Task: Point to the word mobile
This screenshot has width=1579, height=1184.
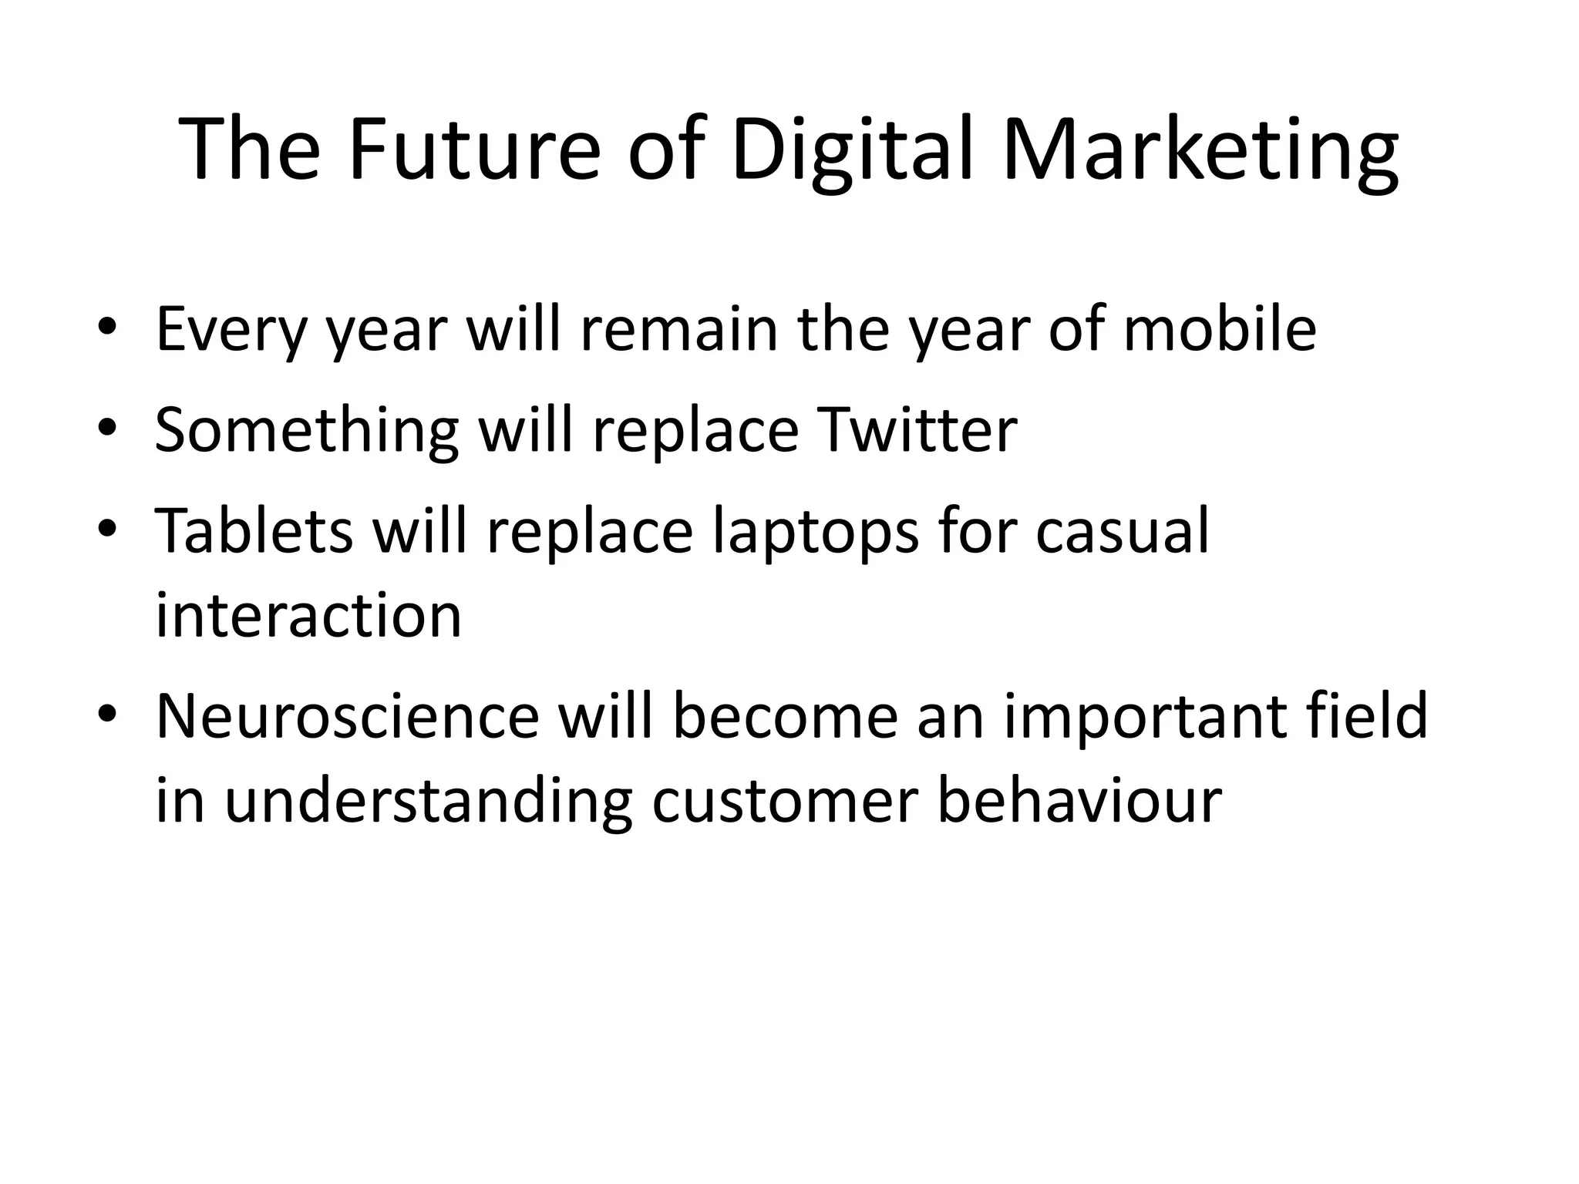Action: coord(1220,329)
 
